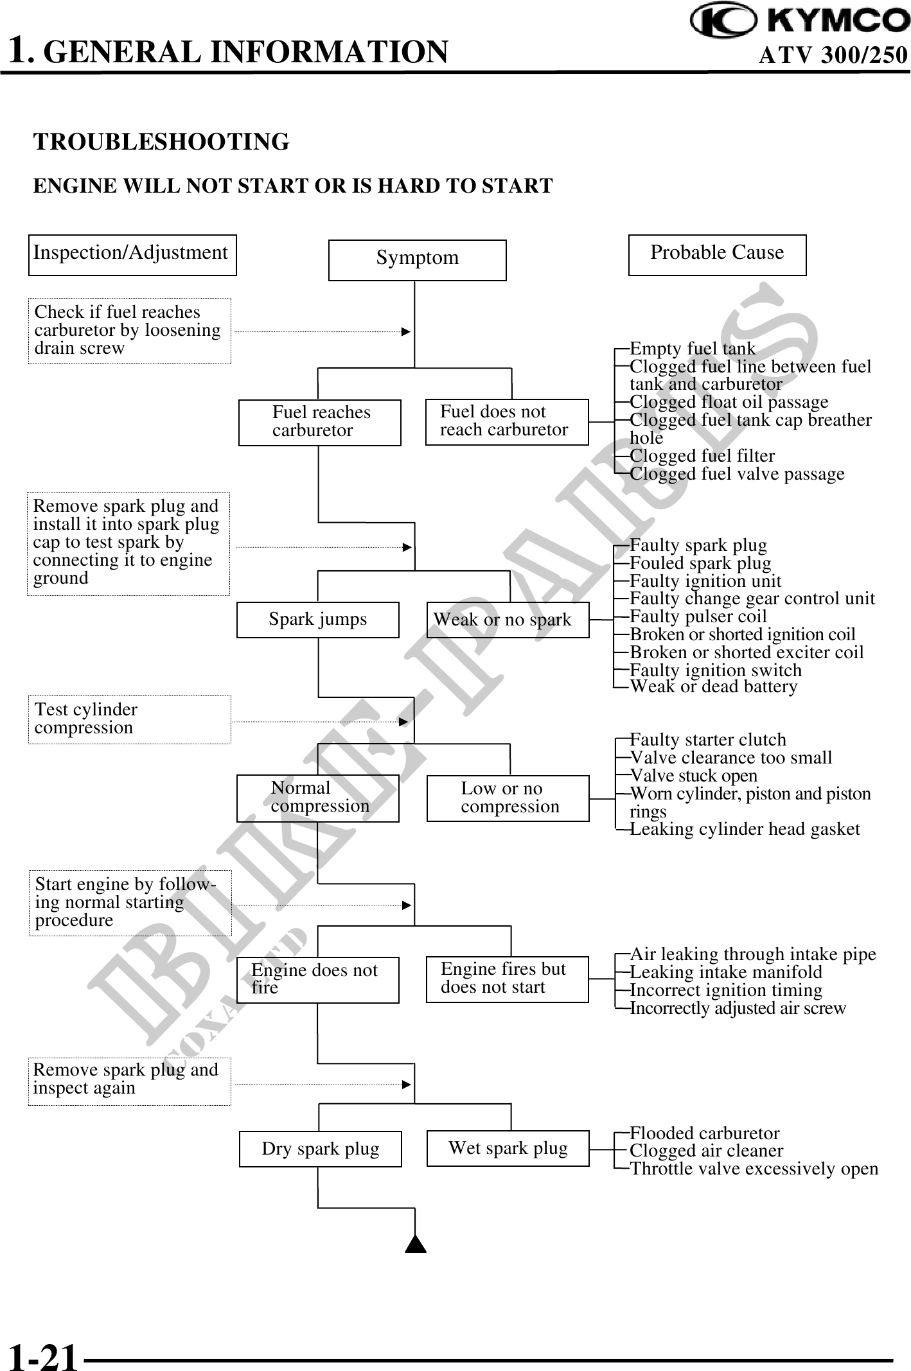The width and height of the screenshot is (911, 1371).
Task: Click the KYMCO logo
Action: (x=799, y=20)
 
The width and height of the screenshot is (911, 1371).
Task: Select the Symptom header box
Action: (x=417, y=260)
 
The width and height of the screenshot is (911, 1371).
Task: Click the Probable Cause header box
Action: (x=717, y=255)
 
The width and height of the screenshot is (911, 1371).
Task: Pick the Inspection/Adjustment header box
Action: (x=132, y=255)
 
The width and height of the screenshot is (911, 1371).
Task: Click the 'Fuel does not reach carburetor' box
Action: (x=507, y=422)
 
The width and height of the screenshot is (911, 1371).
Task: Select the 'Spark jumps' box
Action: (x=318, y=620)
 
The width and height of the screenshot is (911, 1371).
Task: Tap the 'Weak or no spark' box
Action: (x=508, y=620)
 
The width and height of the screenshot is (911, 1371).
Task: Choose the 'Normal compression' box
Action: (x=318, y=798)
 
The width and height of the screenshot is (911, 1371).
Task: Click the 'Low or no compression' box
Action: (x=508, y=798)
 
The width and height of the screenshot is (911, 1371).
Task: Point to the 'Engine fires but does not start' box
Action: (x=507, y=979)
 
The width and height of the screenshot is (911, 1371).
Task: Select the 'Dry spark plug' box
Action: (x=320, y=1149)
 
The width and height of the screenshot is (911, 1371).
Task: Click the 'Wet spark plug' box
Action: (x=508, y=1148)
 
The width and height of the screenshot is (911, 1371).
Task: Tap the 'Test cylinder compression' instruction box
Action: (x=129, y=719)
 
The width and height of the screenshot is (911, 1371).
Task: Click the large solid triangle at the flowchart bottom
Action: (x=416, y=1244)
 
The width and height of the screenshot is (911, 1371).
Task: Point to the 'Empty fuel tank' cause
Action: (x=693, y=349)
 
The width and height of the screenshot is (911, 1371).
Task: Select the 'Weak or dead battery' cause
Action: (x=713, y=686)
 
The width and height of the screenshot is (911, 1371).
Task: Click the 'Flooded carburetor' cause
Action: (x=704, y=1133)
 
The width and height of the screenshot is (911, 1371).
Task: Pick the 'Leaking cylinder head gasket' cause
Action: (x=745, y=829)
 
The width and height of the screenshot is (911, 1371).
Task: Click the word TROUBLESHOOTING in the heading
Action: (x=161, y=142)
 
